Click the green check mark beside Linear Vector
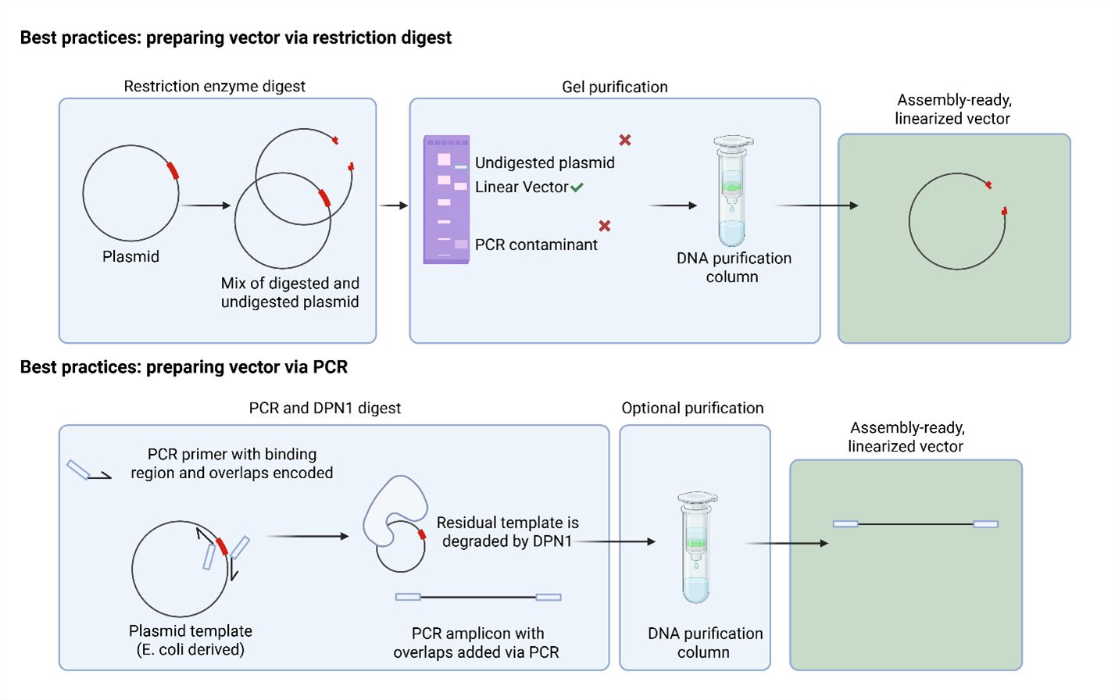(x=577, y=187)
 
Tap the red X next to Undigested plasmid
(x=625, y=140)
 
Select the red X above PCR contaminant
(x=605, y=226)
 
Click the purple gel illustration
(x=446, y=200)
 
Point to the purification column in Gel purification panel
(x=732, y=191)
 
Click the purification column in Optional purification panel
(x=696, y=548)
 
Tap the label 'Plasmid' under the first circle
(x=130, y=257)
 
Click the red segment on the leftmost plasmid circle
(x=173, y=170)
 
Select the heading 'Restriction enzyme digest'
(x=214, y=87)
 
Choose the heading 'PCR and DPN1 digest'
(x=324, y=408)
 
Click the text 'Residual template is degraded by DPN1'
(x=507, y=532)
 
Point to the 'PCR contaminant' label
(x=536, y=245)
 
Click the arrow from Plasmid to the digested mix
(x=205, y=205)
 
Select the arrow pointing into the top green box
(x=817, y=205)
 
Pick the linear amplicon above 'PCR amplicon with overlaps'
(x=477, y=598)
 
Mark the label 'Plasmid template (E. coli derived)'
(x=191, y=641)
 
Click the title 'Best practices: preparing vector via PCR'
(x=184, y=367)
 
